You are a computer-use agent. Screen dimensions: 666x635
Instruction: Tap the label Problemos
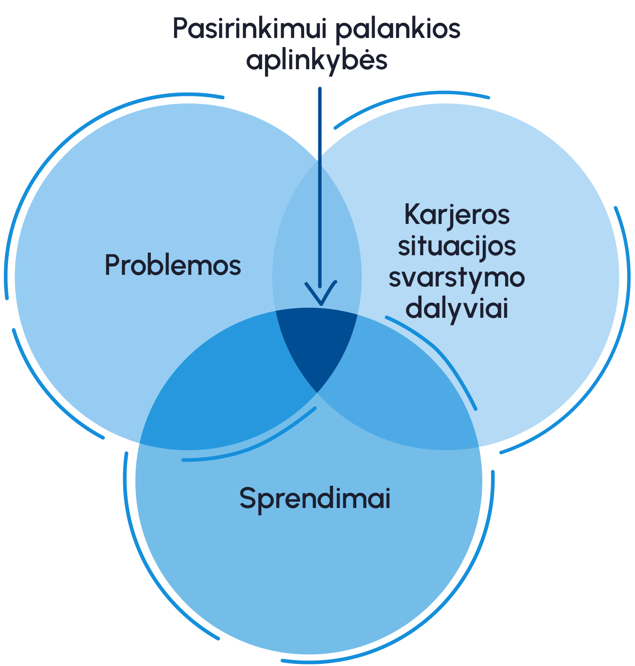click(x=173, y=265)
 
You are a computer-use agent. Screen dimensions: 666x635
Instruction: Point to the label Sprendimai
click(x=315, y=498)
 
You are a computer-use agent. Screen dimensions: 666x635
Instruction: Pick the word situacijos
click(x=457, y=246)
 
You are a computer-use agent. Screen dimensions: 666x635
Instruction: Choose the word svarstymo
click(x=457, y=278)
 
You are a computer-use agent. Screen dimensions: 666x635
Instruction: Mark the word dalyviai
click(x=457, y=309)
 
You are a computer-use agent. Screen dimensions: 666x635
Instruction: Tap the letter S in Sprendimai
click(x=247, y=498)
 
